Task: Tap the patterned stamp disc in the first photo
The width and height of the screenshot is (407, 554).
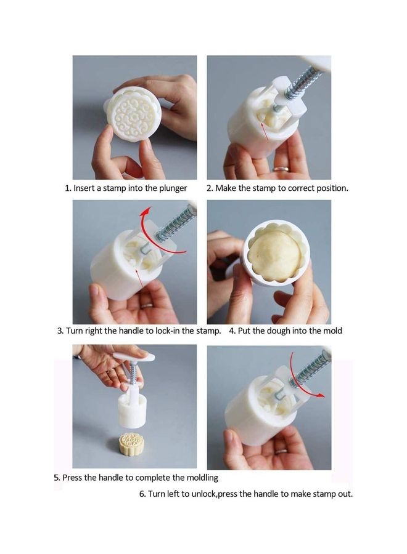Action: tap(134, 115)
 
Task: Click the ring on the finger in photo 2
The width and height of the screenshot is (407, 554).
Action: tap(280, 169)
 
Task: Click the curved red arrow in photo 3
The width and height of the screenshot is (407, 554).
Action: tap(156, 230)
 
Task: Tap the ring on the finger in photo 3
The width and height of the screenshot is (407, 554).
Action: tap(147, 305)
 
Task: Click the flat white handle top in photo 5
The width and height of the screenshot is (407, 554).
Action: tap(134, 357)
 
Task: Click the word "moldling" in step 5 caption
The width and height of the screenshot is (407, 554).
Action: tap(202, 478)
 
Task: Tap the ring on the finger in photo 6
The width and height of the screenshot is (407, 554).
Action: tap(281, 451)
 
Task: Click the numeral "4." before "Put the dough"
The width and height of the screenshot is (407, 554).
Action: tap(232, 331)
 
